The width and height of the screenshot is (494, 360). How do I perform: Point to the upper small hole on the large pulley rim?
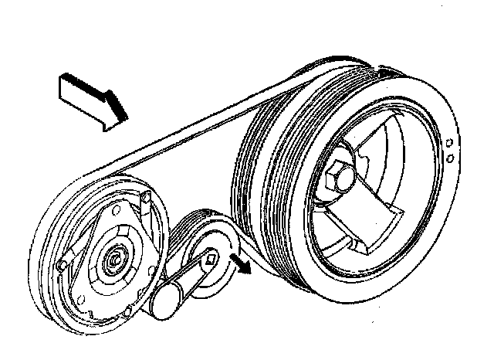click(x=448, y=143)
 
